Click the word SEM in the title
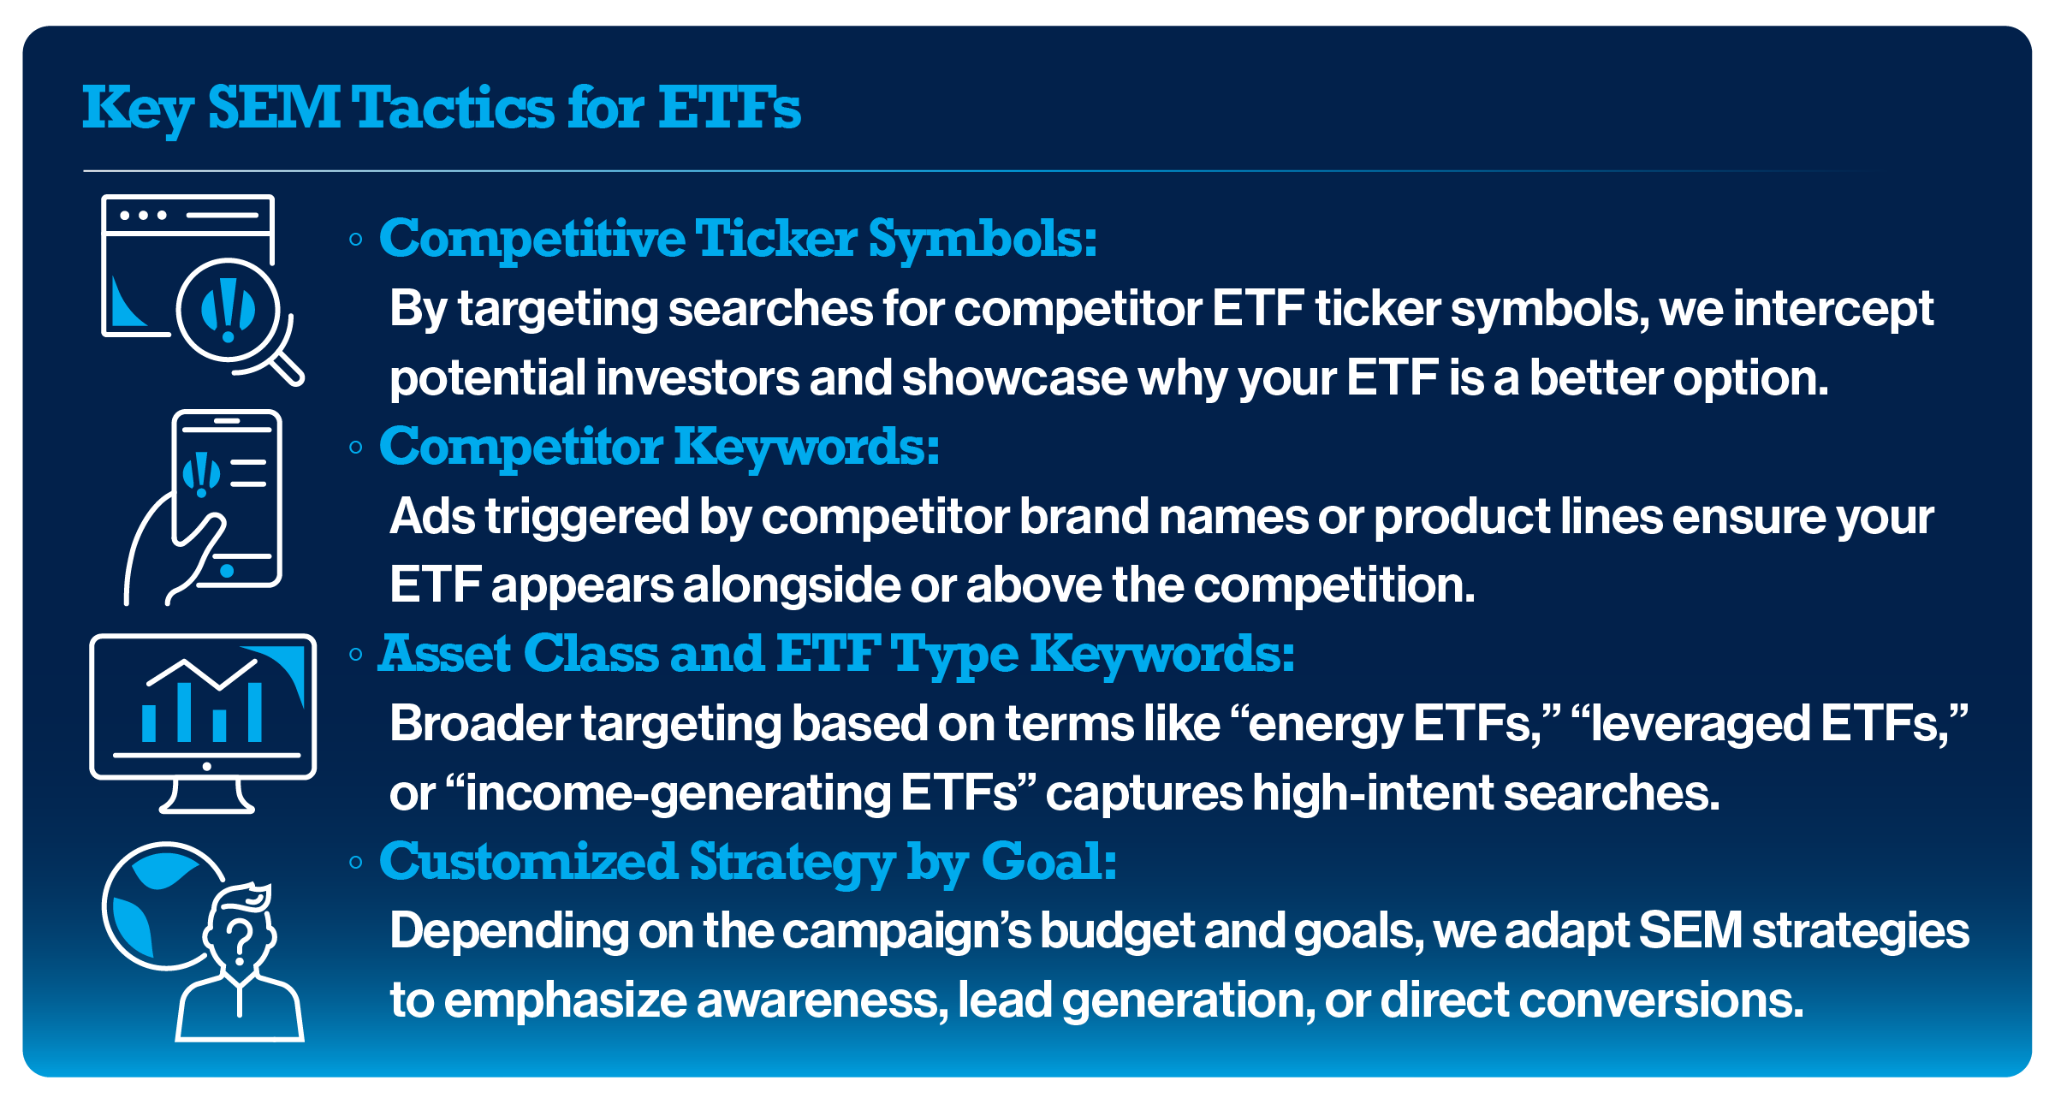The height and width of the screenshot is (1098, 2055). (274, 109)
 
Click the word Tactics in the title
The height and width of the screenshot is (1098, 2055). (454, 109)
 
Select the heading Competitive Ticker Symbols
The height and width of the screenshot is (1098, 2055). (738, 239)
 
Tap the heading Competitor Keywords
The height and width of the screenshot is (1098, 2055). (659, 447)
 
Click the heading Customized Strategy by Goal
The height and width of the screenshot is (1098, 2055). (748, 862)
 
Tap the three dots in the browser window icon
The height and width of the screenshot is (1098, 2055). (143, 215)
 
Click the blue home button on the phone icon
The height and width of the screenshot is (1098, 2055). (227, 570)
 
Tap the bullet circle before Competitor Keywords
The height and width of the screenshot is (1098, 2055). (356, 448)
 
